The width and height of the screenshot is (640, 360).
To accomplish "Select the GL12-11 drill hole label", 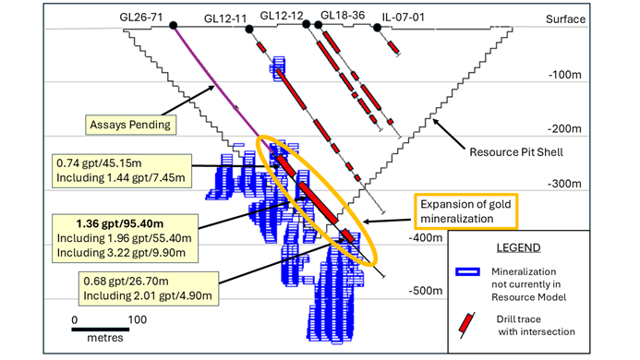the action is coord(226,18).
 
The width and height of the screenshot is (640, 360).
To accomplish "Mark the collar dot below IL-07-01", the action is coord(377,28).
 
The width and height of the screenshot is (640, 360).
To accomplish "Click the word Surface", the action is coord(564,18).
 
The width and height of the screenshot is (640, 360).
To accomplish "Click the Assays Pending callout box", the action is coord(132,123).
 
